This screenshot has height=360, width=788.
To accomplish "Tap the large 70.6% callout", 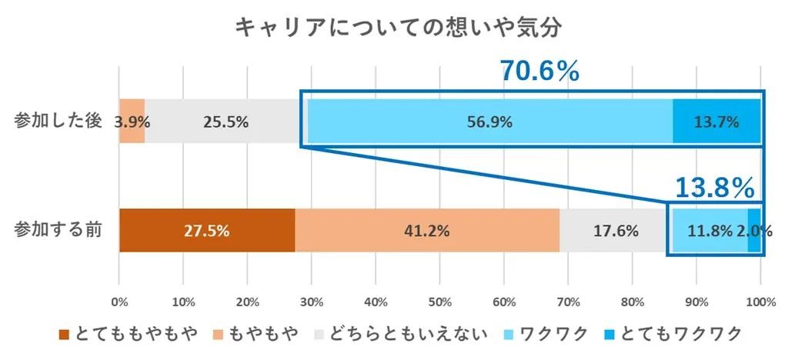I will [x=539, y=72].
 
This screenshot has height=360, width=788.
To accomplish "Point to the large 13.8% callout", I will [x=713, y=187].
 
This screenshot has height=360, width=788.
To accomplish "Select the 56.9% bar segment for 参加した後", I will [x=489, y=122].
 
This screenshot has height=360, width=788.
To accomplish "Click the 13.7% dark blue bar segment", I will [x=716, y=122].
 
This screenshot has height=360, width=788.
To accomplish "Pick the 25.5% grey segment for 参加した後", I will [x=224, y=122].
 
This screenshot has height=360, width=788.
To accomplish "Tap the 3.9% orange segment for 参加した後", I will [x=132, y=122].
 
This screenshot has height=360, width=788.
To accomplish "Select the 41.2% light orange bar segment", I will [x=427, y=231].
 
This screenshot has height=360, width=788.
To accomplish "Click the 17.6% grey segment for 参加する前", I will [x=613, y=231].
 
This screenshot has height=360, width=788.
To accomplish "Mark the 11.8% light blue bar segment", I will [x=710, y=231].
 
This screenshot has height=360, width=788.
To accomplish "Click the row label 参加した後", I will [x=58, y=122].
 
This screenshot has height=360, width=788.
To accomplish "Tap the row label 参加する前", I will [x=58, y=230].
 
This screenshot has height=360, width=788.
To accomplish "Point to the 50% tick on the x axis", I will [x=439, y=300].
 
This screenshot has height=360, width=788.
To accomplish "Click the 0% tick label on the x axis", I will [x=119, y=300].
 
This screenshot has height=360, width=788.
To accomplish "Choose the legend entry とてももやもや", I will [x=128, y=333].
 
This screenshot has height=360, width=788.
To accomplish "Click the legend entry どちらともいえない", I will [x=401, y=333].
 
